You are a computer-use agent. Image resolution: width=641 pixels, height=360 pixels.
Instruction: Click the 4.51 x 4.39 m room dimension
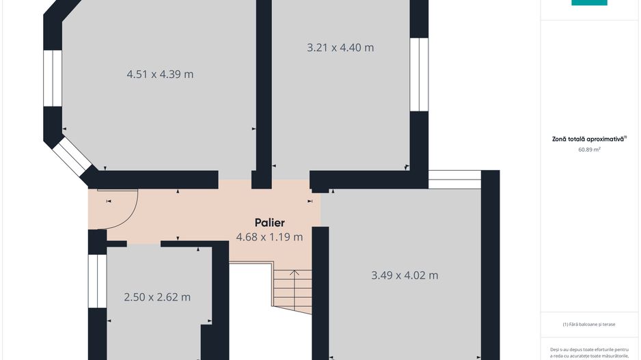(x=160, y=74)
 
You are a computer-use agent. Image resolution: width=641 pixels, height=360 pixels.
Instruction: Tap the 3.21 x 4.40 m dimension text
(x=340, y=47)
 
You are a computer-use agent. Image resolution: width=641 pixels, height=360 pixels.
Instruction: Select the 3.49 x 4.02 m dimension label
(x=405, y=275)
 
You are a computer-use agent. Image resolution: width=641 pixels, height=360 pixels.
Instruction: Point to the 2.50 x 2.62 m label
(x=157, y=297)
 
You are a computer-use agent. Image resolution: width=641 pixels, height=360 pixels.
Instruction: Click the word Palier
(x=269, y=223)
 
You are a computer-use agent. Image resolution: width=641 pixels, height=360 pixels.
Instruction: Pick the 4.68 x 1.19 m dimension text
(x=269, y=237)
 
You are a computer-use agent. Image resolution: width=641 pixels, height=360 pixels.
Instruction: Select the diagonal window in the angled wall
(x=72, y=156)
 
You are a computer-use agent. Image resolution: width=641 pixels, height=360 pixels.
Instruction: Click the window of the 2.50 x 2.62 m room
(x=97, y=281)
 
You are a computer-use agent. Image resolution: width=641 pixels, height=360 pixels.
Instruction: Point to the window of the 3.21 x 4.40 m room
(x=419, y=74)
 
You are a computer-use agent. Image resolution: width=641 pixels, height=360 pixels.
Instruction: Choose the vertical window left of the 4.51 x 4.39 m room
(x=53, y=78)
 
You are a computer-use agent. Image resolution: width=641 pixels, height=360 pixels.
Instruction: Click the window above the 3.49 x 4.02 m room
(x=454, y=180)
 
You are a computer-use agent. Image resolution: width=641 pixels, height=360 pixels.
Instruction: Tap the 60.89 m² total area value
(x=589, y=150)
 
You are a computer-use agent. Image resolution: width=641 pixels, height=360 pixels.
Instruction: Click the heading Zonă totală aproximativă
(x=589, y=139)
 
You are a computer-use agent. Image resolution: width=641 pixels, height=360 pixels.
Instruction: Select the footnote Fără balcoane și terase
(x=589, y=324)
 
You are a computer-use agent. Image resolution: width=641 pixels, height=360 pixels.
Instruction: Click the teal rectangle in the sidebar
(x=589, y=3)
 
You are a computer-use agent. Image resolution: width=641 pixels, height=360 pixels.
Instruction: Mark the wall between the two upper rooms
(x=264, y=94)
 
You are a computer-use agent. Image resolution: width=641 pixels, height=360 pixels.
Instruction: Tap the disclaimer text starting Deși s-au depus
(x=589, y=352)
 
